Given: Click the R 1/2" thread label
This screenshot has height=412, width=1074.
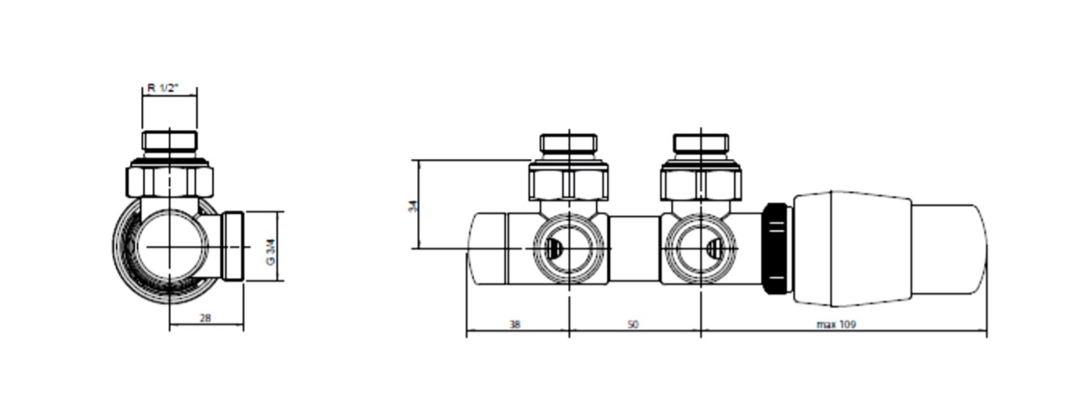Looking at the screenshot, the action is [162, 88].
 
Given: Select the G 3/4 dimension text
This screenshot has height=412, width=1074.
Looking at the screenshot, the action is [271, 252].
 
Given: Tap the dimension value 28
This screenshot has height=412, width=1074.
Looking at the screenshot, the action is [205, 318].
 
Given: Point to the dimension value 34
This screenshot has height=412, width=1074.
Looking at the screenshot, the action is [412, 206].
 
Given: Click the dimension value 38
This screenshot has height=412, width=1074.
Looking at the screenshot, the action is [514, 324].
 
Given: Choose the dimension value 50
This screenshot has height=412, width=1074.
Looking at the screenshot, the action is [633, 324].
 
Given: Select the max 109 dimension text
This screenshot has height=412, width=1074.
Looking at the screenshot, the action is [836, 324].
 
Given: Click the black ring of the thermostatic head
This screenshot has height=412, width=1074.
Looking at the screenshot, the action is [776, 249].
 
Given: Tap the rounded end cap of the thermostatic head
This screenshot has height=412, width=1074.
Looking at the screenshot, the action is [949, 249].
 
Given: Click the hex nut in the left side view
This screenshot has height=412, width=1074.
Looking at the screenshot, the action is [170, 180].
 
